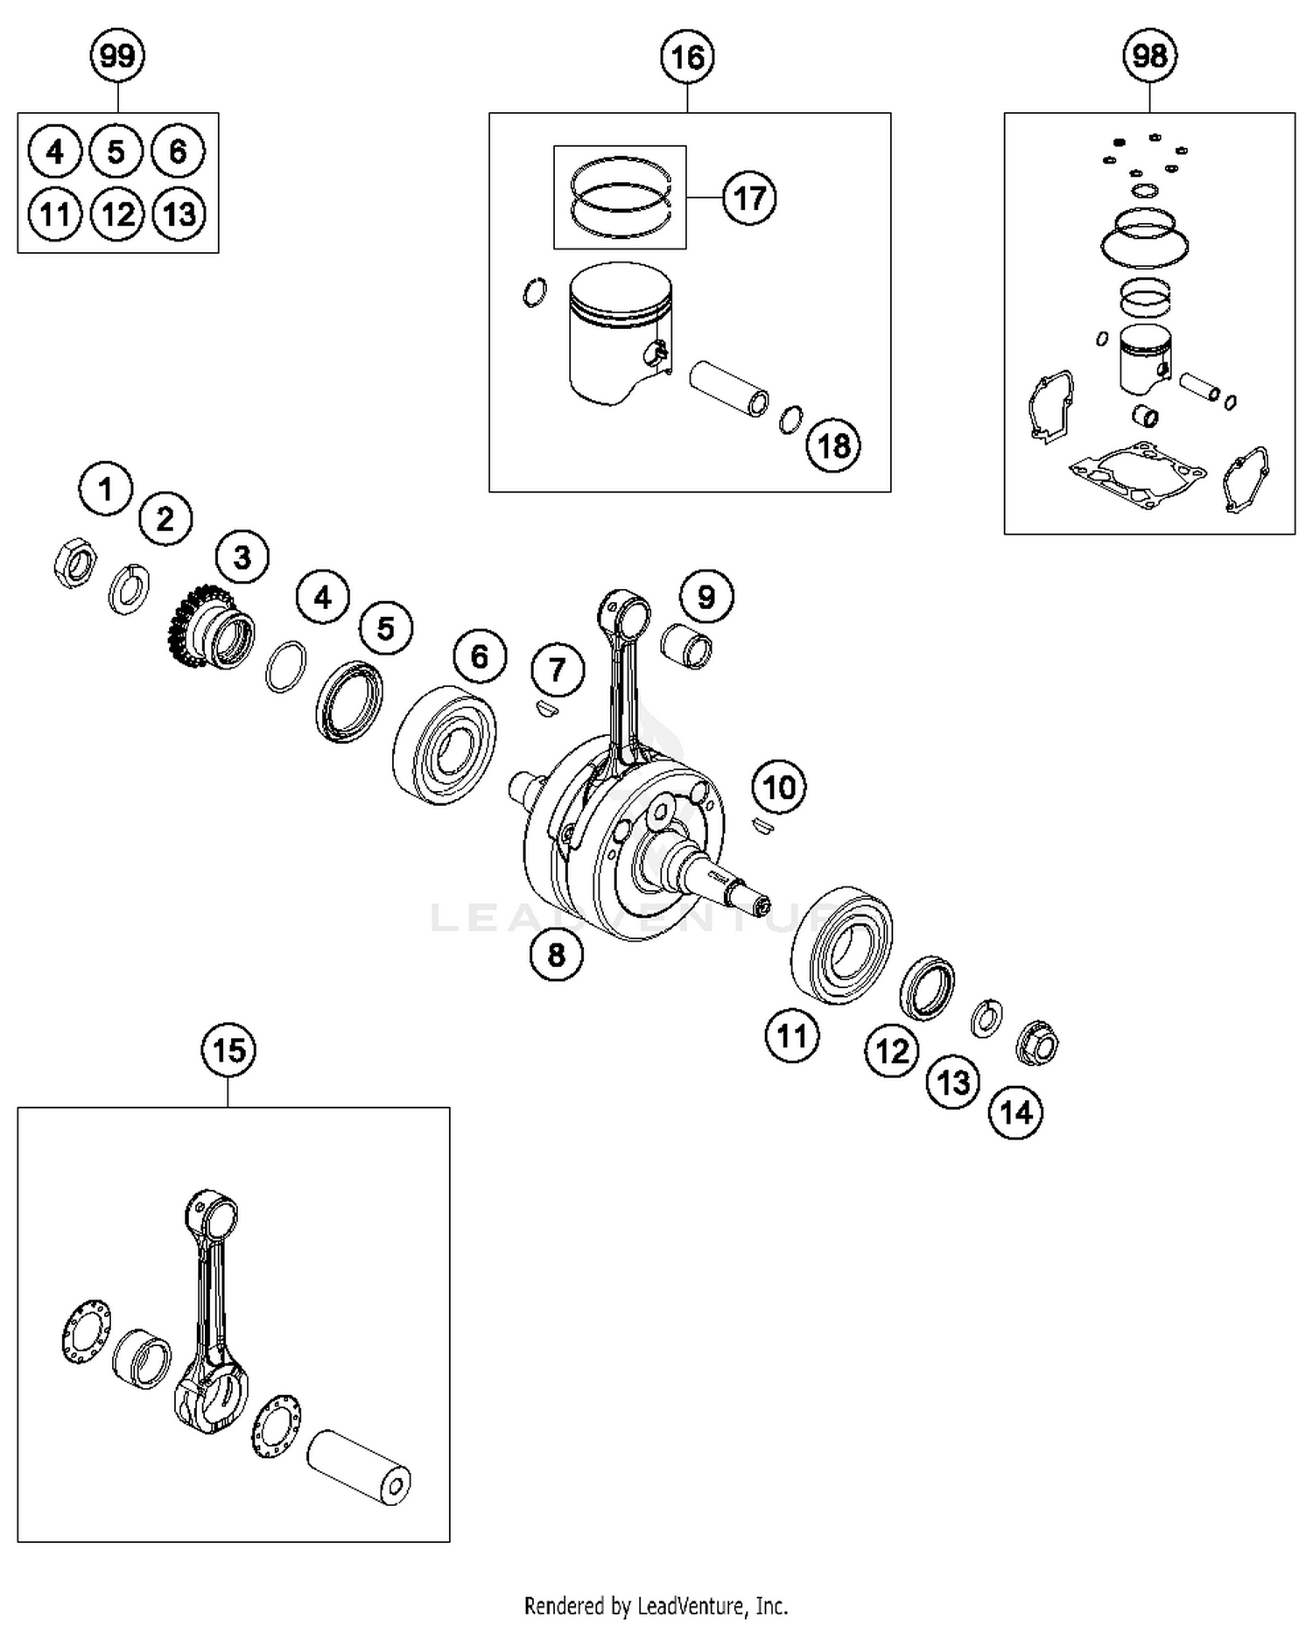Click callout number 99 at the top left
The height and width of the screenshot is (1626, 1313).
point(117,57)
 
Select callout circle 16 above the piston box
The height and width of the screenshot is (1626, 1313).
point(687,58)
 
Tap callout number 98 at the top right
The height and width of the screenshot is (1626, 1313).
point(1149,57)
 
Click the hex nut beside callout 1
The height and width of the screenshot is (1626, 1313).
point(74,562)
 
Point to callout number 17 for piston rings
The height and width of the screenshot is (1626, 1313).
point(749,199)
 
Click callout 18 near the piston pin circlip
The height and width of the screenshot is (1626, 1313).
point(833,446)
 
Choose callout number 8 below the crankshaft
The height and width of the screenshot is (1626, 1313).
point(557,954)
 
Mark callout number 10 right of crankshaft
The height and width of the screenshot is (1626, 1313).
point(779,788)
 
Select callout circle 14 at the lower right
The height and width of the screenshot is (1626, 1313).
point(1015,1112)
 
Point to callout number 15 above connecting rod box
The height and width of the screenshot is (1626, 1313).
point(228,1049)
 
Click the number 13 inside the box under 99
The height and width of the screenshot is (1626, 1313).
point(179,214)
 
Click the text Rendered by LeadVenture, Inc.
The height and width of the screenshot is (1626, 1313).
point(656,1606)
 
